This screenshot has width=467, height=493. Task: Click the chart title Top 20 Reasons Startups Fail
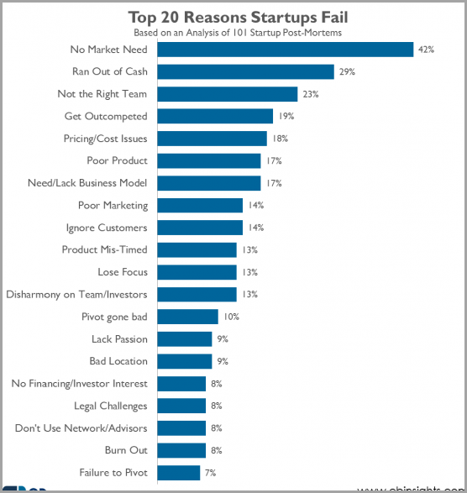[x=239, y=17]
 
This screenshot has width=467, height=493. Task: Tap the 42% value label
[x=426, y=50]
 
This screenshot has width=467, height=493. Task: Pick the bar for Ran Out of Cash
[x=246, y=72]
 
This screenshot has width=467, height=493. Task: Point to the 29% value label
[x=347, y=72]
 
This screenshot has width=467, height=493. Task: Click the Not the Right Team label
[x=102, y=94]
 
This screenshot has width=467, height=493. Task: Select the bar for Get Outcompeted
[x=216, y=116]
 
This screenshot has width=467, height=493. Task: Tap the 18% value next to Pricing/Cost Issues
[x=280, y=139]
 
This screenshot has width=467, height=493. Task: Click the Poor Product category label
[x=117, y=160]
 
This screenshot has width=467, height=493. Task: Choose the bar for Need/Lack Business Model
[x=209, y=183]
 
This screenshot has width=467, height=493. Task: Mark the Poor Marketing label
[x=113, y=205]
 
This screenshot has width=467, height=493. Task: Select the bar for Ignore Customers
[x=200, y=228]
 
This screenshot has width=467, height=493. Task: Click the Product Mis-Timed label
[x=104, y=249]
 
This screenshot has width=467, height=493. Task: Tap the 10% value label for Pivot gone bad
[x=231, y=317]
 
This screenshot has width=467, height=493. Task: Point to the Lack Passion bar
[x=185, y=338]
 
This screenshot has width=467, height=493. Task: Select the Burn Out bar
[x=181, y=449]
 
